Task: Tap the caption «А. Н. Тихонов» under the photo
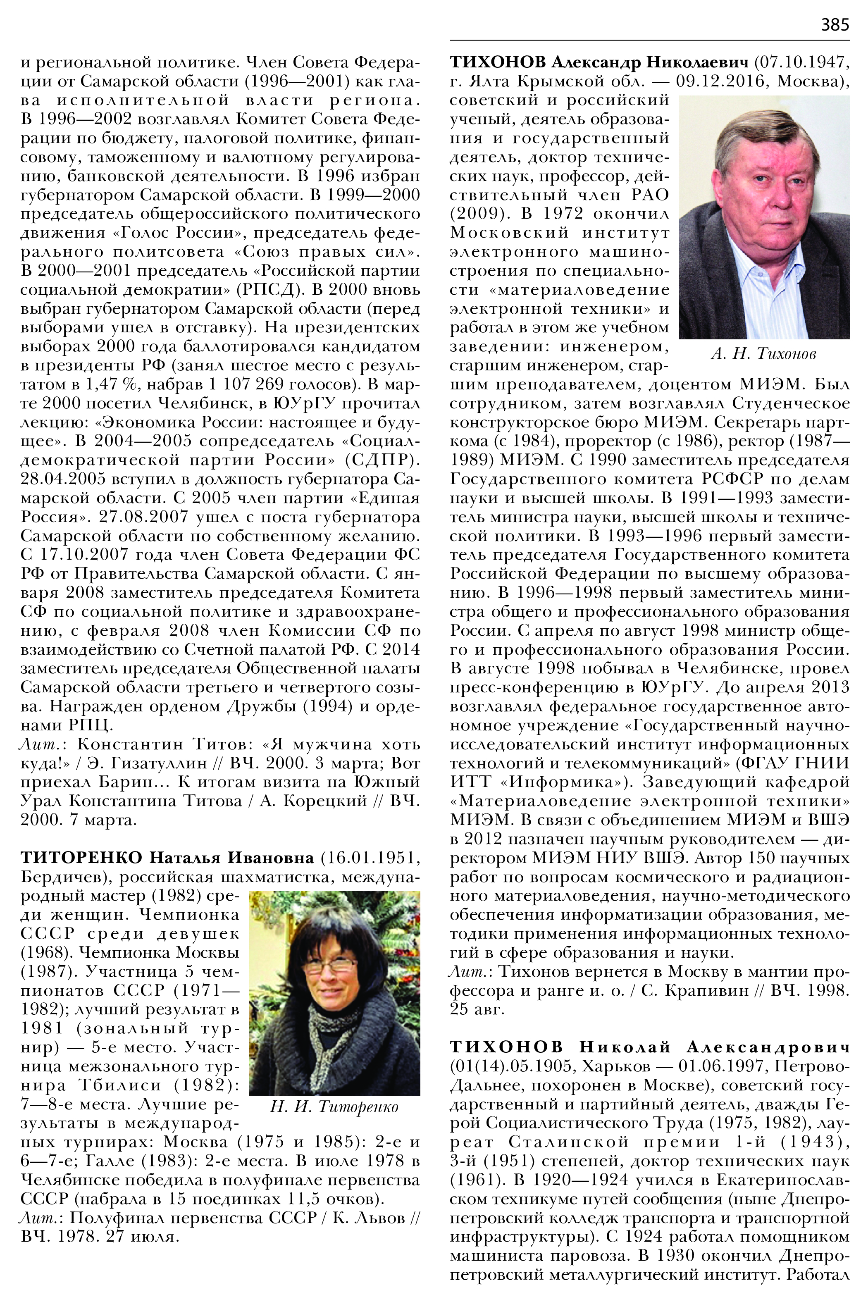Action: click(x=763, y=354)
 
